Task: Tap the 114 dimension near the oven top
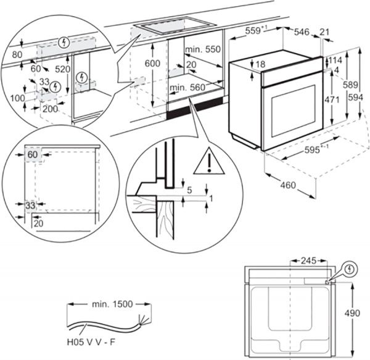[336, 60]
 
